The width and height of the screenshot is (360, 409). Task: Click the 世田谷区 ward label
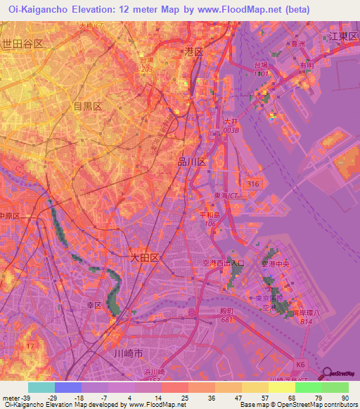(x=23, y=44)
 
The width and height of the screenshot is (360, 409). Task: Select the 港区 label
(x=193, y=52)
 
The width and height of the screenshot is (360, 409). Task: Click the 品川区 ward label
(x=191, y=162)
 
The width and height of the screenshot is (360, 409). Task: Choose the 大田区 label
(x=145, y=258)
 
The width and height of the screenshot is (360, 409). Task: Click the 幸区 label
(x=95, y=306)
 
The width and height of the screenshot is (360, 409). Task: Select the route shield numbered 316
(x=254, y=183)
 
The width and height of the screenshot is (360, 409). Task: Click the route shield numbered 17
(x=30, y=346)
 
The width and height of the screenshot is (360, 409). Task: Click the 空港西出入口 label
(x=219, y=263)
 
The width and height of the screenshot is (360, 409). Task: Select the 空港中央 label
(x=276, y=264)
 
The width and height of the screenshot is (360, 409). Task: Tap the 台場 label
(x=262, y=65)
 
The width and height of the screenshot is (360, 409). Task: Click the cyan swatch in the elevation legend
(x=41, y=387)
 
